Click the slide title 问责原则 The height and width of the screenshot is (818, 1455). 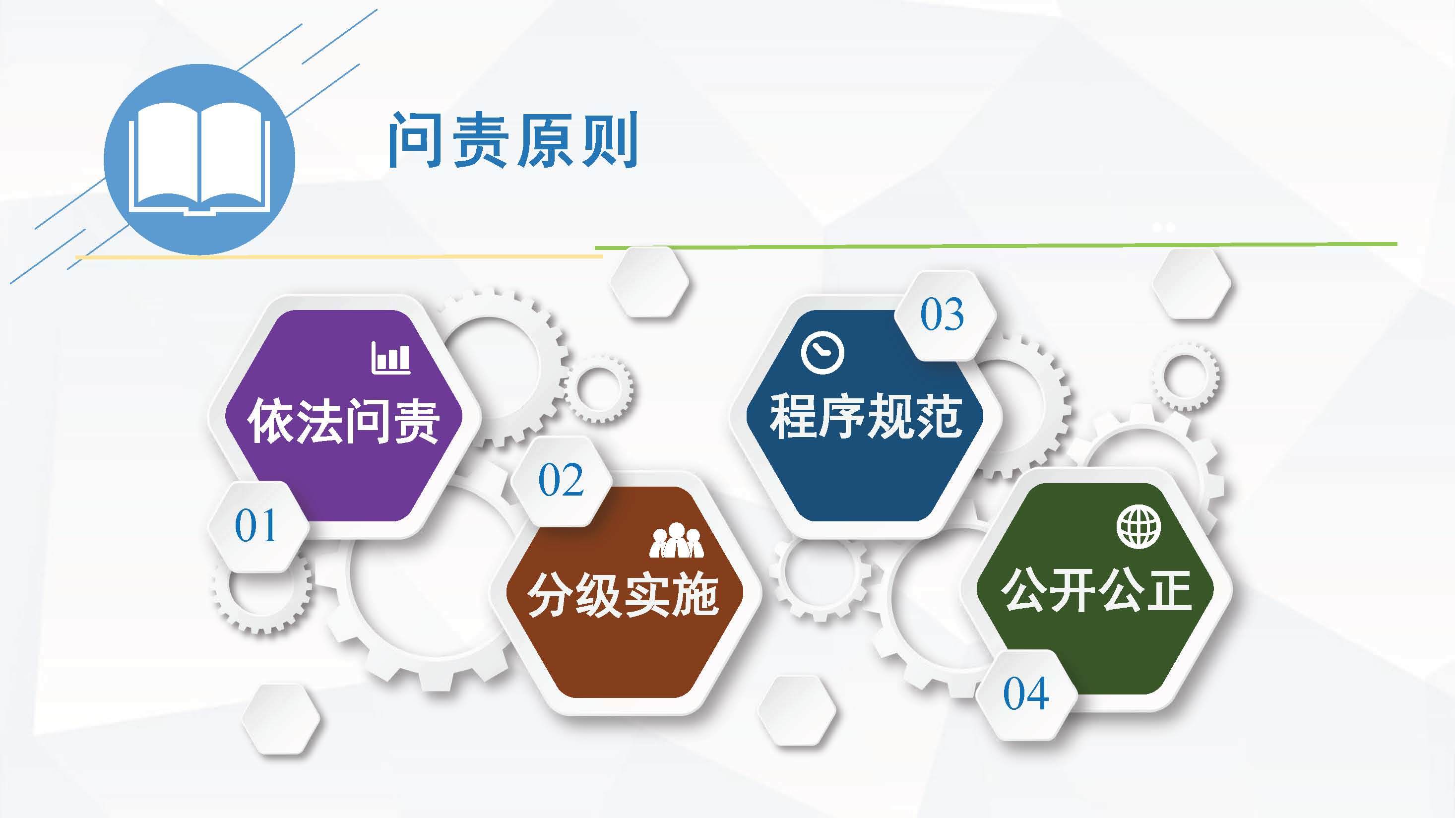tap(513, 139)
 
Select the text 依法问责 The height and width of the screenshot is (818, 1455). tap(343, 421)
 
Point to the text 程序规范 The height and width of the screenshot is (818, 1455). tap(866, 416)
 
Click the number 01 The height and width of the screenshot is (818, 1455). tap(256, 525)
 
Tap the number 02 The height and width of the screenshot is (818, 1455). tap(561, 480)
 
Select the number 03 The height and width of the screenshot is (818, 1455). tap(942, 314)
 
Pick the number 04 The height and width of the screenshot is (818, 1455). tap(1026, 693)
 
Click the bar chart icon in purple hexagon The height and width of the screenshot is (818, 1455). tap(391, 358)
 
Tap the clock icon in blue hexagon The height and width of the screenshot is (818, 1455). tap(822, 353)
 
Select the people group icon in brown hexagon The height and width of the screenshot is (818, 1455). tap(676, 541)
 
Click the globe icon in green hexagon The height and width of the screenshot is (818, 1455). tap(1139, 526)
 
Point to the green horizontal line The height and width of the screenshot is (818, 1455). tap(996, 246)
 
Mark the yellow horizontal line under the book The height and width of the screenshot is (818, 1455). tap(339, 256)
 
